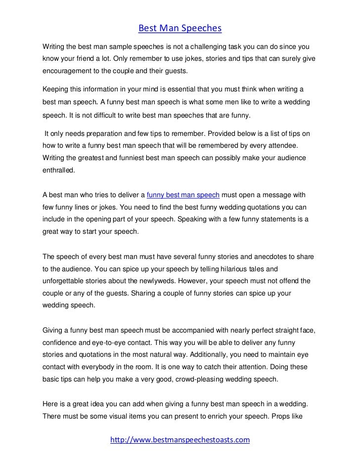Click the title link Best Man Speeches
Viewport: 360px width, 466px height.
(x=180, y=29)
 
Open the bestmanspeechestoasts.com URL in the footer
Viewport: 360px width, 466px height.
(x=180, y=439)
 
